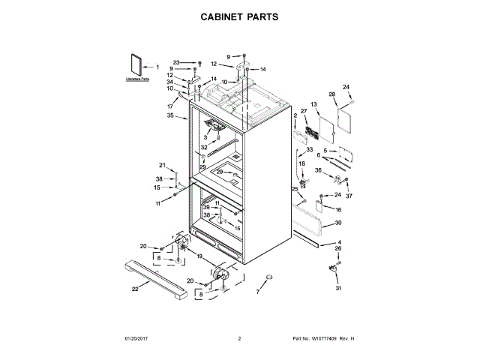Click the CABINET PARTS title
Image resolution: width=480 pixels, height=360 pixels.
pos(239,16)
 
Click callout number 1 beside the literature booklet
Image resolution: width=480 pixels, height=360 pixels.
pos(157,67)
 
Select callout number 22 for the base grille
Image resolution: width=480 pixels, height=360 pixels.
pos(135,288)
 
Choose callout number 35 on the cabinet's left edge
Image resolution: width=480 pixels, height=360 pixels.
pos(171,116)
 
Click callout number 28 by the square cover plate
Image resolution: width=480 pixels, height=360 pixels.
pos(331,94)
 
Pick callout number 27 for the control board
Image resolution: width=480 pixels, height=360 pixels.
pos(304,112)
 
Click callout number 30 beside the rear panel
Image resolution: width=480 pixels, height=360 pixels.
pos(337,223)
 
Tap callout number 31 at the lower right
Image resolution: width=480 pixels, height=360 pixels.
pos(337,289)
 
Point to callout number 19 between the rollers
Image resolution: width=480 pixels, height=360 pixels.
pos(199,256)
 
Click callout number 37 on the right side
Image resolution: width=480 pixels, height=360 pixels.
pos(348,196)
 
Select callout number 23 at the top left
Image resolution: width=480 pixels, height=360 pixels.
pos(176,62)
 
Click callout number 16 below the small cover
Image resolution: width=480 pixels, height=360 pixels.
pos(338,210)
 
